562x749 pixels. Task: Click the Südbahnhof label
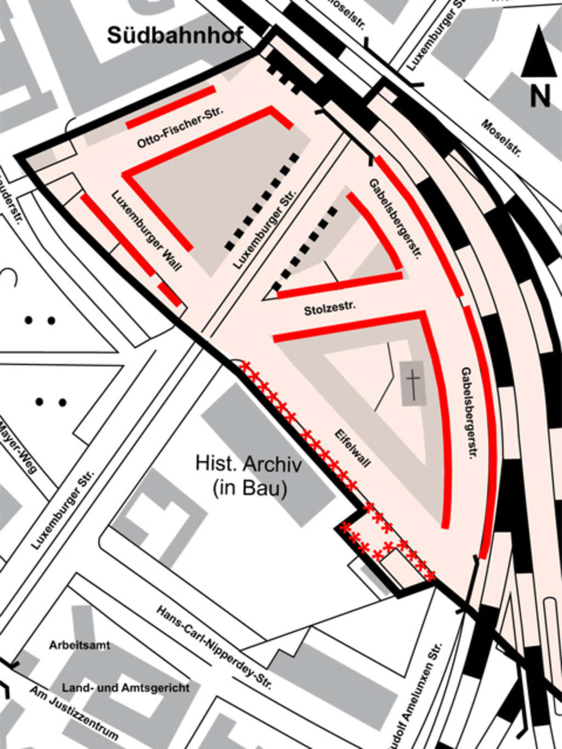click(175, 36)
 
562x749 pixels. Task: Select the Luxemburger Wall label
click(146, 230)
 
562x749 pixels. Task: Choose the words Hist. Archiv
click(249, 464)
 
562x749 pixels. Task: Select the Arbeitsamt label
click(80, 645)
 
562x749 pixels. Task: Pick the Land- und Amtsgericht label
click(126, 688)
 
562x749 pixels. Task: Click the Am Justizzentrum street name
click(74, 714)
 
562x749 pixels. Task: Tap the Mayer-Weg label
click(18, 447)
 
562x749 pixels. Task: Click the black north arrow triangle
click(539, 53)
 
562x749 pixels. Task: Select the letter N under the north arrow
click(539, 97)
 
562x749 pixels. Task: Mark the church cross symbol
click(414, 383)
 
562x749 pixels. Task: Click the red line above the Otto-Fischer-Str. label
click(171, 107)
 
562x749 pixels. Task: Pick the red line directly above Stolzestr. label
click(339, 285)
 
